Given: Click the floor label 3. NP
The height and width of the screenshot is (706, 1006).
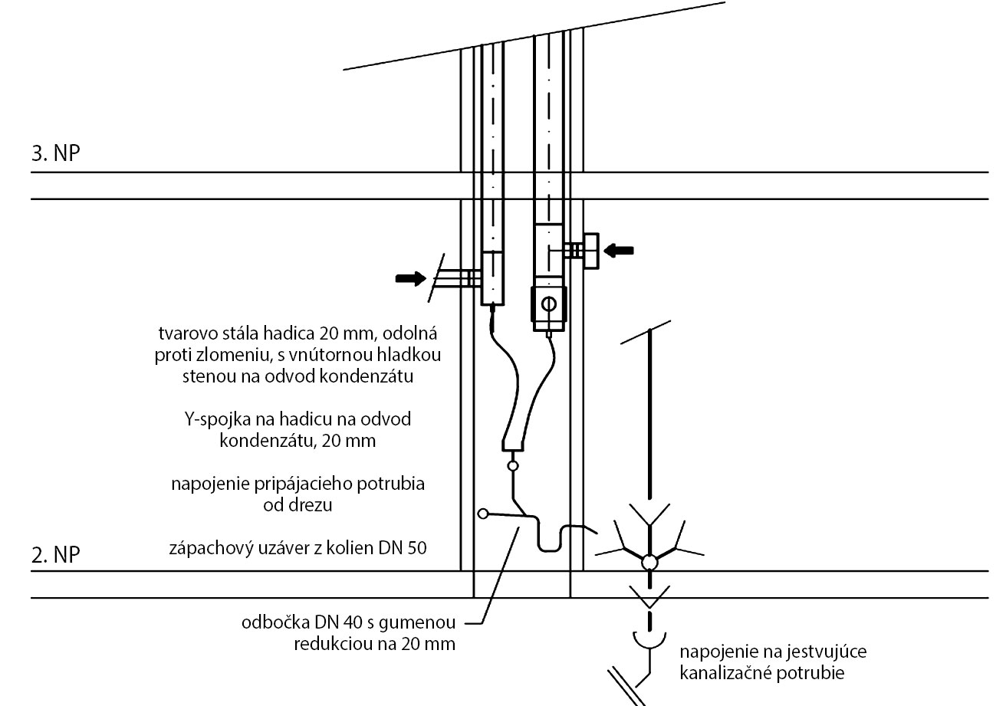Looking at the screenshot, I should [x=56, y=153].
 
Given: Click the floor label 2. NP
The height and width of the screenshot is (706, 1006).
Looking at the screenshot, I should [x=56, y=554].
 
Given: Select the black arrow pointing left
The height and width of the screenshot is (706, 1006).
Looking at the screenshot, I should [x=620, y=249].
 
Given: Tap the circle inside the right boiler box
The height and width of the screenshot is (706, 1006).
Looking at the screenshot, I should [x=548, y=304].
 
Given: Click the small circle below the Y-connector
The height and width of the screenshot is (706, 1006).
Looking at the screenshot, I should [x=513, y=465].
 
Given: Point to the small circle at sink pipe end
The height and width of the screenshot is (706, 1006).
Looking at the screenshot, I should [x=482, y=514].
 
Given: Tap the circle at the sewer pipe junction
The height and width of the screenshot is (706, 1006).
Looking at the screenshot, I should [x=649, y=563].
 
